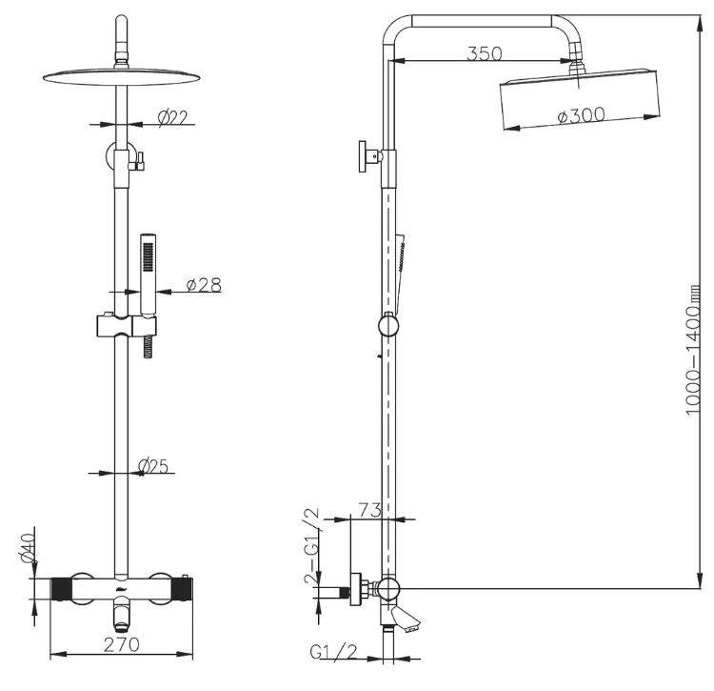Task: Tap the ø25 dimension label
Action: coord(153,466)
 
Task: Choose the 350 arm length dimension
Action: coord(484,53)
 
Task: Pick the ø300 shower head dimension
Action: coord(581,115)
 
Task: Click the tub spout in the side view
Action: coord(407,620)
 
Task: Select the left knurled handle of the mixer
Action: coord(62,587)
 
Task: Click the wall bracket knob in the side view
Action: coord(365,156)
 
